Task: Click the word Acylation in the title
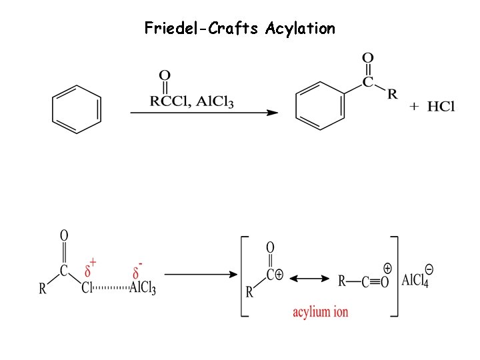point(300,29)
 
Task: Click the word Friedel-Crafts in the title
point(202,29)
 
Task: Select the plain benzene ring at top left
point(77,109)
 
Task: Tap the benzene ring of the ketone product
point(321,105)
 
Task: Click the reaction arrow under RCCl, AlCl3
point(203,113)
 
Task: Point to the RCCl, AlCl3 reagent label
point(191,102)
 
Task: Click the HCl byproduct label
point(441,107)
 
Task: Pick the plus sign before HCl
point(414,107)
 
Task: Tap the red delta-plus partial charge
point(91,269)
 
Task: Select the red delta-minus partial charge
point(138,271)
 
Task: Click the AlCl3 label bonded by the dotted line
point(143,289)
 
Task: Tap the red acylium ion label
point(320,311)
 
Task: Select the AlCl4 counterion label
point(415,280)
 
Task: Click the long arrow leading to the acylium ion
point(199,274)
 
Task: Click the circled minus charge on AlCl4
point(430,269)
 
